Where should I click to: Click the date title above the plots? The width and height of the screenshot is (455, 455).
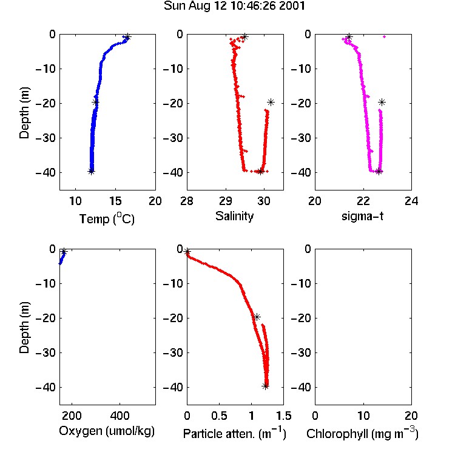(x=234, y=6)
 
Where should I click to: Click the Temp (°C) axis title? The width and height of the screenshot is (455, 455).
(x=107, y=218)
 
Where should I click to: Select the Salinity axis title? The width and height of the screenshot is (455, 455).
(x=234, y=216)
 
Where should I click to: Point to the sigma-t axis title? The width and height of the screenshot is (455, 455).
(x=362, y=216)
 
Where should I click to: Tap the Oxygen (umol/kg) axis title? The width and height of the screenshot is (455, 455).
(x=107, y=431)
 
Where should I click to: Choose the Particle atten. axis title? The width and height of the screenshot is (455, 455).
(x=234, y=433)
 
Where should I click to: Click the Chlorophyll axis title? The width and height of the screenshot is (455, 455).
(x=362, y=433)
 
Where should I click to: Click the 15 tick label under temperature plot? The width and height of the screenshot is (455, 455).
(x=115, y=201)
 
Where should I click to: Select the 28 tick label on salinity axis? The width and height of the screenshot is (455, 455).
(x=187, y=201)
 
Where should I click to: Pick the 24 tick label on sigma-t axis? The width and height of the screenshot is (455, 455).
(x=411, y=201)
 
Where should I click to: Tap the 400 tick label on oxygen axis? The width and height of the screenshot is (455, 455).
(x=120, y=416)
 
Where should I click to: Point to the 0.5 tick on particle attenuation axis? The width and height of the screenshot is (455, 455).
(x=219, y=416)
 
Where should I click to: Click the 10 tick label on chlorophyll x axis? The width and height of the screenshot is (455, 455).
(x=363, y=416)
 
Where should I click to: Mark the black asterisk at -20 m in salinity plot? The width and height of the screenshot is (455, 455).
(x=271, y=102)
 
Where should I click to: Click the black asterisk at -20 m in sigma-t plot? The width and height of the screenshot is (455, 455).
(x=382, y=102)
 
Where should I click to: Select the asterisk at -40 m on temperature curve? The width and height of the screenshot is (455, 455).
(x=92, y=172)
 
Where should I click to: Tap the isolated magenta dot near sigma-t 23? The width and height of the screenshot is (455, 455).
(x=385, y=36)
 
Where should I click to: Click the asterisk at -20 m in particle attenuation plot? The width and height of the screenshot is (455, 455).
(x=257, y=317)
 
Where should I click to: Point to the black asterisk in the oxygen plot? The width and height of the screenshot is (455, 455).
(x=64, y=251)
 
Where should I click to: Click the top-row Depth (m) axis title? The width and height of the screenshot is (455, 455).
(x=24, y=113)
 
